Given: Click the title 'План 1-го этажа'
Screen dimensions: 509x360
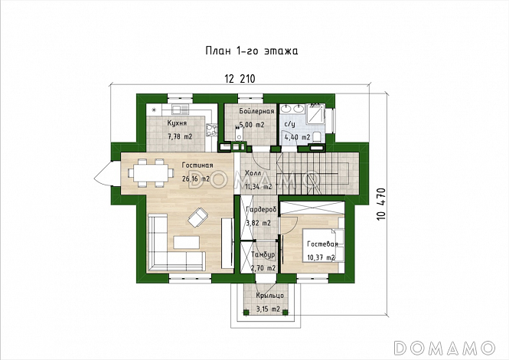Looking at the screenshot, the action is [x=252, y=51].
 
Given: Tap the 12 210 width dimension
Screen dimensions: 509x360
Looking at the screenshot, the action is [x=240, y=79].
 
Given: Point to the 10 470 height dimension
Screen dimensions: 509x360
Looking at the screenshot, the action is [x=381, y=205].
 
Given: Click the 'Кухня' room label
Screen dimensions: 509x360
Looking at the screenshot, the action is [x=177, y=123].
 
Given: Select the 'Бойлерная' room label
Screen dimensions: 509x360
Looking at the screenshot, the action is [x=256, y=111].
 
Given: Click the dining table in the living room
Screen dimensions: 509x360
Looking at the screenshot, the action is [x=149, y=172].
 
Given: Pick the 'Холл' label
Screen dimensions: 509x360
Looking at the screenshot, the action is [x=253, y=173].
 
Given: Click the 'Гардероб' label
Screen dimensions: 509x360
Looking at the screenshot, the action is [x=261, y=210].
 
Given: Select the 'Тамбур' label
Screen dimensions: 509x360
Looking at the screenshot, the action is [x=263, y=254].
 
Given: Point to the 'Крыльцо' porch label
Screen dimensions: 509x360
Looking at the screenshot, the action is [x=269, y=296].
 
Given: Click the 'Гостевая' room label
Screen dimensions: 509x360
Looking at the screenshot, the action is [x=322, y=244].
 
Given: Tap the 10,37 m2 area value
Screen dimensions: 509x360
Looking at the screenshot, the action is [x=321, y=257].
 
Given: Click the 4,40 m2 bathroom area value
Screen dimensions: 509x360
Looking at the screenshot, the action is [x=297, y=137].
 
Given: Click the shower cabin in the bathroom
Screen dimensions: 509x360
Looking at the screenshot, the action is [x=315, y=113].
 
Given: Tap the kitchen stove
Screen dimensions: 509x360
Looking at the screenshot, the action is [x=210, y=130].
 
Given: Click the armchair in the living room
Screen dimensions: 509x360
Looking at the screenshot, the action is [x=198, y=218].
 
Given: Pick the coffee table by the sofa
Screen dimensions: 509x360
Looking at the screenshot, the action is [x=186, y=242].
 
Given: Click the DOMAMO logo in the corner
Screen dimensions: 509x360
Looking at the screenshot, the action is [x=444, y=348].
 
